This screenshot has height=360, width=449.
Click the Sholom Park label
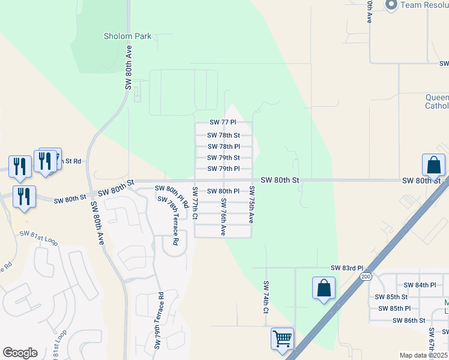tap(127, 36)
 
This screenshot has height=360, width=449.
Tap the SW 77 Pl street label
tap(223, 122)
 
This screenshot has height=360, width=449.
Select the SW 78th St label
tap(223, 136)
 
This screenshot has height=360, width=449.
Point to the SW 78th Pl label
tap(223, 146)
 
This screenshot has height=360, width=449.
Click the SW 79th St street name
tap(223, 158)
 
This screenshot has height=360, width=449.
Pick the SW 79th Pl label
tap(223, 169)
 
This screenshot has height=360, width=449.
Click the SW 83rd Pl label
tap(347, 268)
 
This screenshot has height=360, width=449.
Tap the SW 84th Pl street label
tap(419, 285)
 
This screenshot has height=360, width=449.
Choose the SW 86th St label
tap(409, 320)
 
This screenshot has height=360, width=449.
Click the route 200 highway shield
tap(366, 276)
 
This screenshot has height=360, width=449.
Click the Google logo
tap(20, 353)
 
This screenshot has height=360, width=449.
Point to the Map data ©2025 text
tap(423, 355)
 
